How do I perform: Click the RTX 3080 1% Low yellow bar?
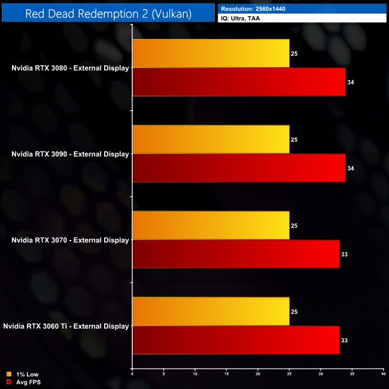click(x=211, y=53)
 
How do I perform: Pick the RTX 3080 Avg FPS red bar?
click(x=239, y=82)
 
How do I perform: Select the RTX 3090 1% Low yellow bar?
click(x=211, y=139)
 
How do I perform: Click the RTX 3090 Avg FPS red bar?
click(x=239, y=168)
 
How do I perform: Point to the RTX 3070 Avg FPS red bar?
click(x=236, y=254)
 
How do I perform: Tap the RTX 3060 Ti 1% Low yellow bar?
click(x=211, y=312)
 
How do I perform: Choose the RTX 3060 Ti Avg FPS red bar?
click(x=236, y=341)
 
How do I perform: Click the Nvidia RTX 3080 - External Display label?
click(x=70, y=68)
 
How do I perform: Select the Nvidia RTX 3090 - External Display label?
click(x=70, y=154)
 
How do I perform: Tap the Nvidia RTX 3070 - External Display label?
click(x=70, y=241)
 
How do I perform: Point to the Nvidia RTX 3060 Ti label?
click(x=66, y=327)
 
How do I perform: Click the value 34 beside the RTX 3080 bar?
click(x=350, y=82)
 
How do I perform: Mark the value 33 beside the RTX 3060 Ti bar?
click(x=344, y=341)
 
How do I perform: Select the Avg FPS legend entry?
click(x=23, y=382)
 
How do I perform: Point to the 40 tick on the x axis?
click(x=383, y=373)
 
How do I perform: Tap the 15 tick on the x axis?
click(x=226, y=373)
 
